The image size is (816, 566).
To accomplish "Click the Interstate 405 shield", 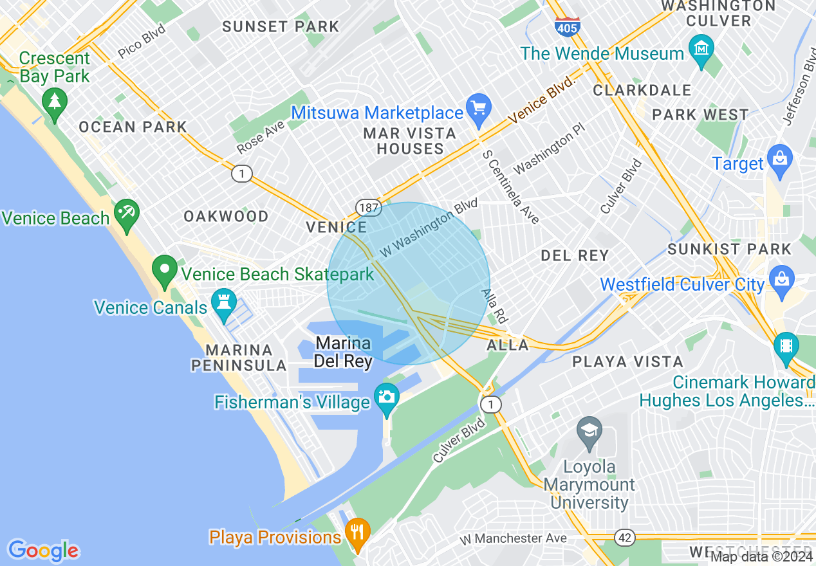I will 567,26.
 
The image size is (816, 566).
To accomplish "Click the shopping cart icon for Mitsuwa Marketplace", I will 479,108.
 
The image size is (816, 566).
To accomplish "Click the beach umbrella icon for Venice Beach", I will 127,212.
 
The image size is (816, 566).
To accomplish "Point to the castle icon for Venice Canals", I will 224,302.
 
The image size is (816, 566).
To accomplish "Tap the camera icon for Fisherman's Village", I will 387,396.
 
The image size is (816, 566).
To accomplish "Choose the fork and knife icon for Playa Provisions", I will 357,531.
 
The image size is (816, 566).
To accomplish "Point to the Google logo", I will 43,551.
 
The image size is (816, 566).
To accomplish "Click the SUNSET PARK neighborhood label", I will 281,26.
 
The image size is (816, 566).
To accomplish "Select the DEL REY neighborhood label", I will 575,255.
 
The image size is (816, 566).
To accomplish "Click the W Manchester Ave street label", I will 514,538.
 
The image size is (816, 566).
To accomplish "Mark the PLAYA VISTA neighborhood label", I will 627,361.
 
